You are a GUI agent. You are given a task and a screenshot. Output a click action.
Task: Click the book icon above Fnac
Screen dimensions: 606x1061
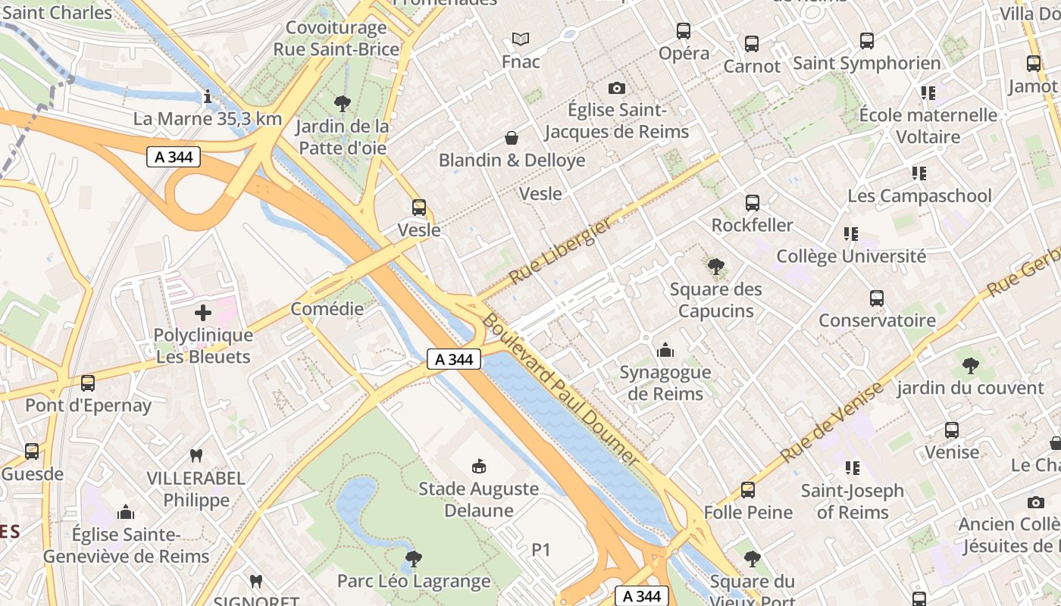pos(520,39)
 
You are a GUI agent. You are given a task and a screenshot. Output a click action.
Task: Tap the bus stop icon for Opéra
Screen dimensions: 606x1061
pos(684,31)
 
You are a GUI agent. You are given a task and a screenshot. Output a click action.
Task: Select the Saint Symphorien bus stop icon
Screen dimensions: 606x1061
pos(867,41)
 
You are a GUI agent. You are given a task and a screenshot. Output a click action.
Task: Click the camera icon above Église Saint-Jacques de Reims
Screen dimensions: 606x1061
pos(617,88)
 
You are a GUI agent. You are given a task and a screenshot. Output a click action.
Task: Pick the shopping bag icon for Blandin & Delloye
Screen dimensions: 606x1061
pos(512,138)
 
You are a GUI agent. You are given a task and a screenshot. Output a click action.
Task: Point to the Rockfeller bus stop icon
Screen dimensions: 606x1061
pos(752,203)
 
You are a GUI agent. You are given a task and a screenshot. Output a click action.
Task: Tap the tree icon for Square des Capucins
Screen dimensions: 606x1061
pos(715,267)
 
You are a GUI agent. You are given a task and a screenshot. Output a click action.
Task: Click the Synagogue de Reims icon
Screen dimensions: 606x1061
pos(665,350)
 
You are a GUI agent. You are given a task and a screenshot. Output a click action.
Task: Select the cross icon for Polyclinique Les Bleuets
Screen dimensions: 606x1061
pos(203,312)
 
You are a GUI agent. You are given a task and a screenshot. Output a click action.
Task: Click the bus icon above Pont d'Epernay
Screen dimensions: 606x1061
pos(88,383)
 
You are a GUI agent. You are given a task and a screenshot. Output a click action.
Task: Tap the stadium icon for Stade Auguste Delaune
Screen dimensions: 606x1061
pos(478,466)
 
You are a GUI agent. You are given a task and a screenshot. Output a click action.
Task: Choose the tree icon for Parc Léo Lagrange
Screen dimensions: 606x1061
pos(413,559)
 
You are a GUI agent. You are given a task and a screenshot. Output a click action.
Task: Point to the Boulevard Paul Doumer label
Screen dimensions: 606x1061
pos(560,389)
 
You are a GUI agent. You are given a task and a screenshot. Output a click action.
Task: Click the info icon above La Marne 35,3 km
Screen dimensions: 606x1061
pos(207,96)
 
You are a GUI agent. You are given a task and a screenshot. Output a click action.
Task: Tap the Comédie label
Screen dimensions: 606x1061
pos(327,309)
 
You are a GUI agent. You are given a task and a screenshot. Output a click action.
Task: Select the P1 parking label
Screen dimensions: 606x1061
pos(540,550)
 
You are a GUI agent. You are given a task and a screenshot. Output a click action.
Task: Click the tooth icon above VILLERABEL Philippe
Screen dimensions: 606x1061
pos(196,455)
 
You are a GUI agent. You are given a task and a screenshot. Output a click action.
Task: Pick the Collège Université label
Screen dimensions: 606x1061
pos(850,256)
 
